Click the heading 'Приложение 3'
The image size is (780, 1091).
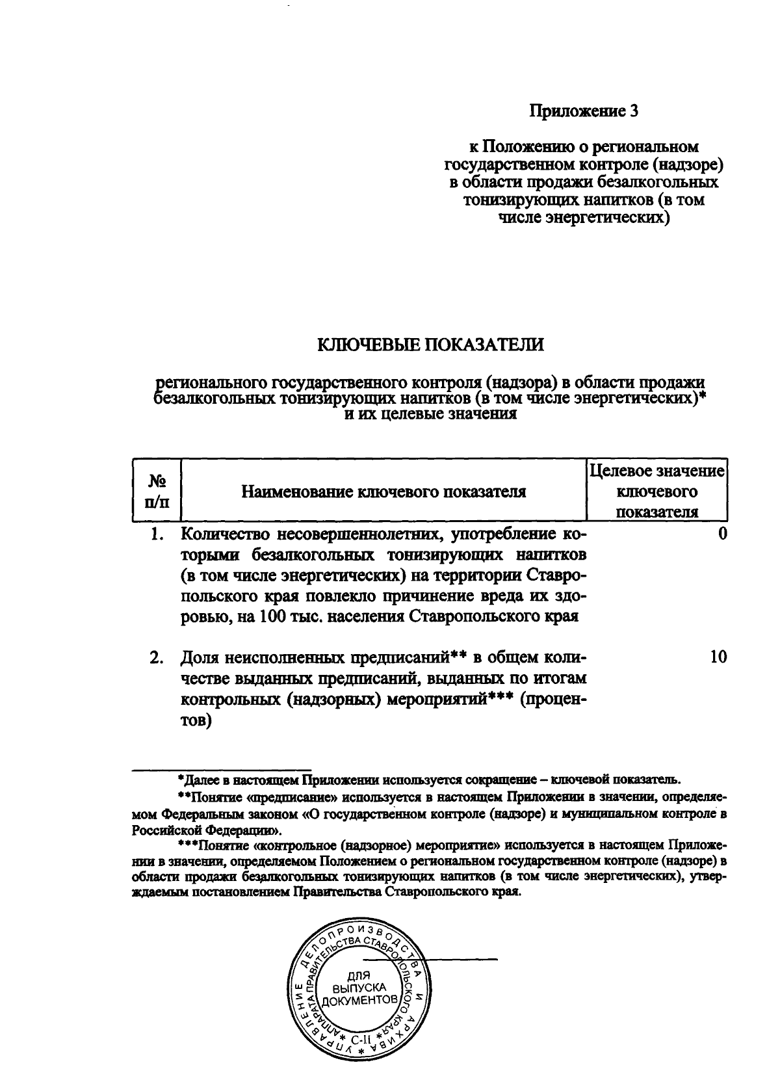(x=584, y=111)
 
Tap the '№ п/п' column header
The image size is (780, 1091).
(x=157, y=492)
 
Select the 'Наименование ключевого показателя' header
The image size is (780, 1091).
(x=383, y=492)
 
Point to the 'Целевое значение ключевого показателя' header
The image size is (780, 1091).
(x=656, y=492)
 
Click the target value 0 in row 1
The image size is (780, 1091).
(x=722, y=534)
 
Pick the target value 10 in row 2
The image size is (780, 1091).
(x=718, y=657)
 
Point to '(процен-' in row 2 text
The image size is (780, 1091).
(x=553, y=699)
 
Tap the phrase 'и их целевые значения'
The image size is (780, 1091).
(x=430, y=414)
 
